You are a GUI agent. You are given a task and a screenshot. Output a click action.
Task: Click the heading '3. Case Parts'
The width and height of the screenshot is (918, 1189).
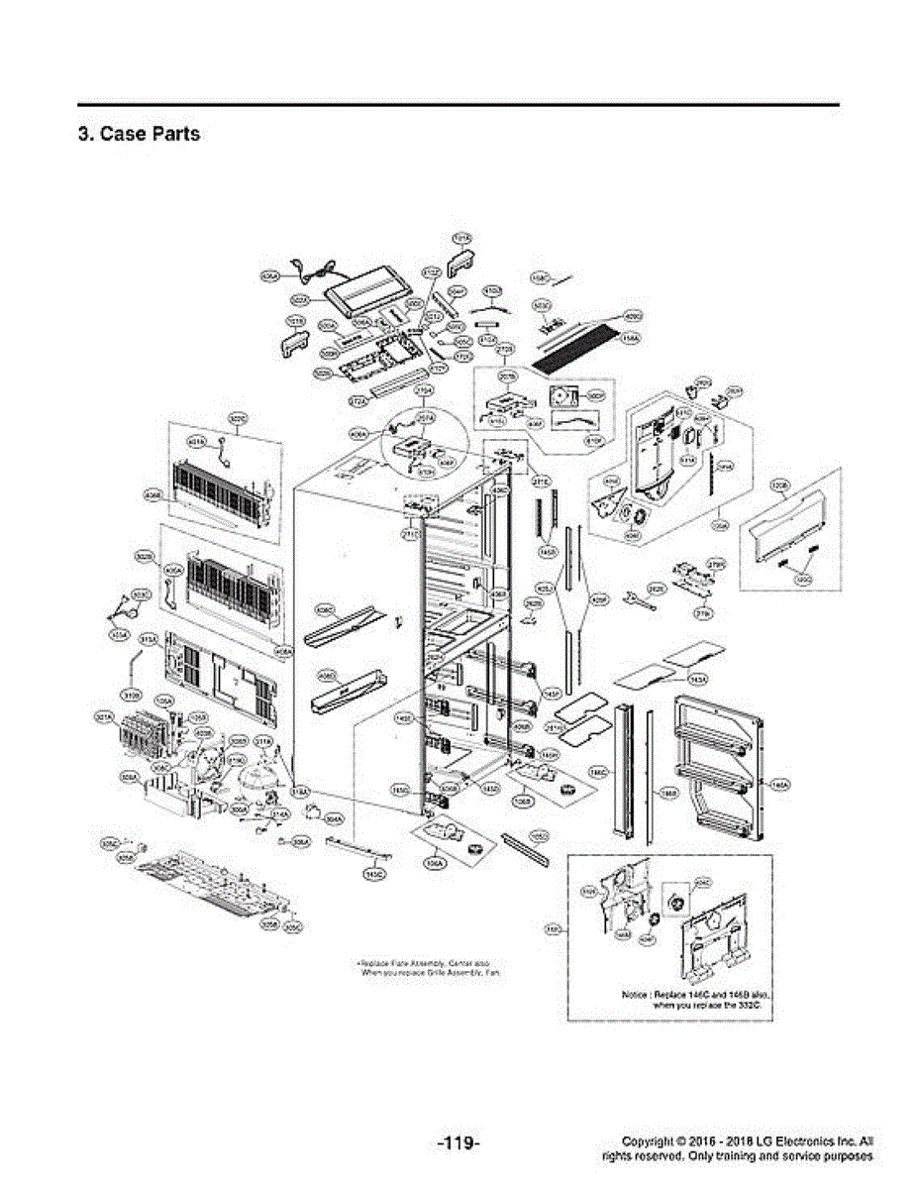pos(139,134)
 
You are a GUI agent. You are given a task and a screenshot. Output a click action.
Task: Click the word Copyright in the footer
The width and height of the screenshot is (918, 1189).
pos(651,1141)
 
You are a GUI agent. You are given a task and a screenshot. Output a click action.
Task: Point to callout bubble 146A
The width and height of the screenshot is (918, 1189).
pos(780,785)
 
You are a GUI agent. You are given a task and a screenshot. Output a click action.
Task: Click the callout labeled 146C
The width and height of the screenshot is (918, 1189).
pos(597,770)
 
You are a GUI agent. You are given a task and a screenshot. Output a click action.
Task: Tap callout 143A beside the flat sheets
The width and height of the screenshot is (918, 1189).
pos(698,679)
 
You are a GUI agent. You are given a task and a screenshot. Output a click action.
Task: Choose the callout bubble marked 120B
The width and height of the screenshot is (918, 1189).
pos(779,485)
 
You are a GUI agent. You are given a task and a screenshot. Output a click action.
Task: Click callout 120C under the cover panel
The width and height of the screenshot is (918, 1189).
pos(804,582)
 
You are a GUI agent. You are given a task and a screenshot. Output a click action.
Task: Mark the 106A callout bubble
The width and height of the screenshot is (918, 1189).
pos(433,863)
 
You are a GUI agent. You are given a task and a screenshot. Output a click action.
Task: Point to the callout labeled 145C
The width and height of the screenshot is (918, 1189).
pos(375,875)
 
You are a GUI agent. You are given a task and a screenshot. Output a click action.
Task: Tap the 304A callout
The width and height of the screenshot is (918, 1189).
pos(335,819)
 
